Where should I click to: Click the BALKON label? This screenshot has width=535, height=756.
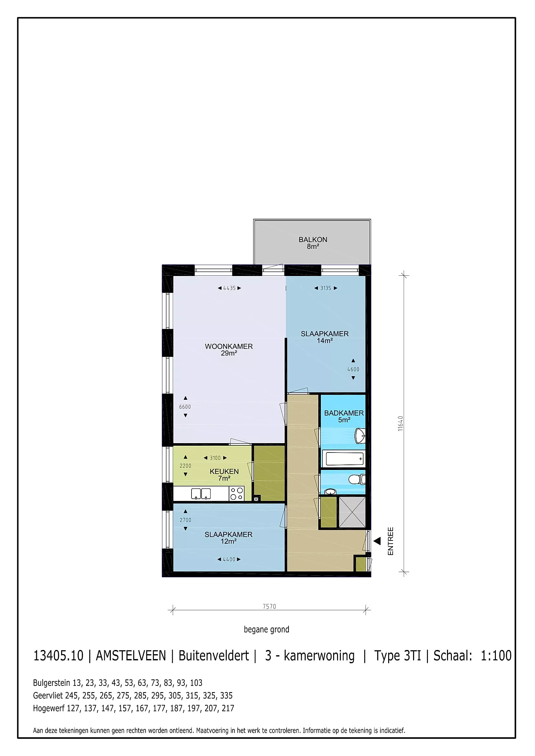pyautogui.click(x=313, y=240)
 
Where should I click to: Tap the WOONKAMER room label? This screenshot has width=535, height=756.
pyautogui.click(x=229, y=346)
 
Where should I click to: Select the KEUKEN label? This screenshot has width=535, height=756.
pyautogui.click(x=224, y=472)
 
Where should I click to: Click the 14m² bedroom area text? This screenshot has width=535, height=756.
pyautogui.click(x=324, y=341)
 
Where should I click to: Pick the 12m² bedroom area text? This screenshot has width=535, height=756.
pyautogui.click(x=229, y=542)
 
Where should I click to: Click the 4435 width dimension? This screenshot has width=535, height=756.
pyautogui.click(x=229, y=288)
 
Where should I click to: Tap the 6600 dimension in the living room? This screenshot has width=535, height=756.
pyautogui.click(x=185, y=407)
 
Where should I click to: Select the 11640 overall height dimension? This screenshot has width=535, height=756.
pyautogui.click(x=400, y=423)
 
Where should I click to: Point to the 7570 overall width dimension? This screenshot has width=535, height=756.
pyautogui.click(x=269, y=606)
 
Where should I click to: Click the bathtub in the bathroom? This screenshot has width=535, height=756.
pyautogui.click(x=344, y=458)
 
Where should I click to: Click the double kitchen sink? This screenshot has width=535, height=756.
pyautogui.click(x=201, y=494)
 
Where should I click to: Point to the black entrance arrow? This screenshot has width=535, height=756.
pyautogui.click(x=377, y=541)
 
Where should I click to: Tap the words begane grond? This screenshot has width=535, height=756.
pyautogui.click(x=267, y=630)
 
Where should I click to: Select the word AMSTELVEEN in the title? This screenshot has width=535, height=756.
pyautogui.click(x=131, y=656)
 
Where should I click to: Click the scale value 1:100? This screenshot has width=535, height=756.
pyautogui.click(x=496, y=656)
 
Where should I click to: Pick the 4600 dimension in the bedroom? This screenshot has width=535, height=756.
pyautogui.click(x=353, y=369)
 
